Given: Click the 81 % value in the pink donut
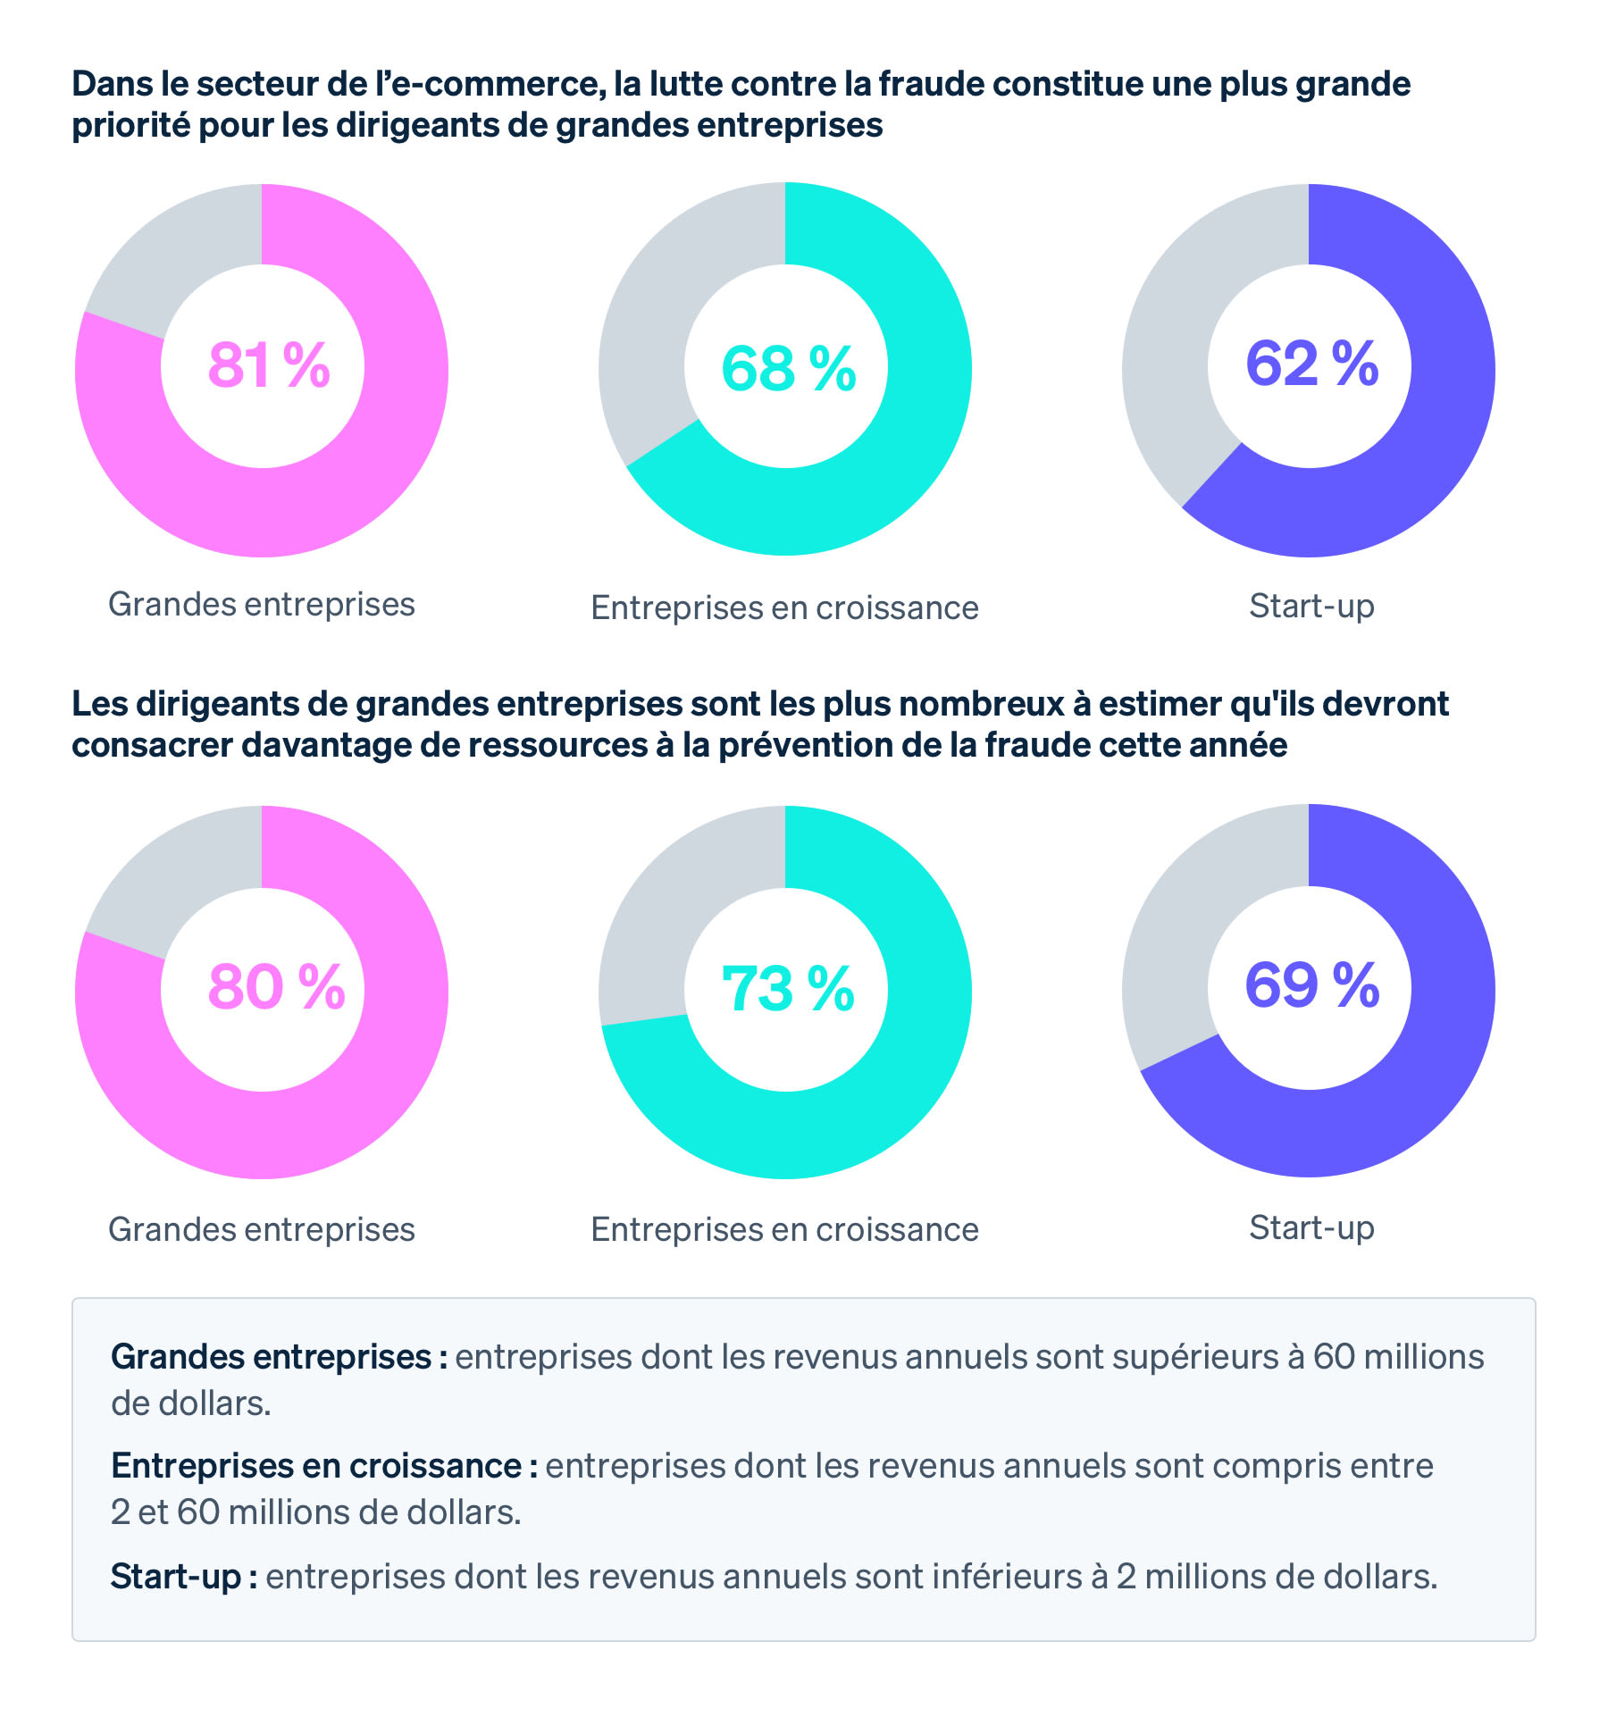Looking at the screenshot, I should pyautogui.click(x=269, y=365).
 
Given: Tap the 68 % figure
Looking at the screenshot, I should pyautogui.click(x=788, y=369).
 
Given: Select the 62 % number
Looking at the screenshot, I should pyautogui.click(x=1311, y=364).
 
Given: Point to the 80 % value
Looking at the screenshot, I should pyautogui.click(x=276, y=987).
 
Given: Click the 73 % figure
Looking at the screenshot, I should pyautogui.click(x=788, y=990).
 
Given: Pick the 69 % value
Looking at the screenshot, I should pyautogui.click(x=1311, y=985).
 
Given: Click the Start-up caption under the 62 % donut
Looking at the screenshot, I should pyautogui.click(x=1311, y=606).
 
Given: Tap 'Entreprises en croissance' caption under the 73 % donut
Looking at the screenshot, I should pyautogui.click(x=784, y=1229).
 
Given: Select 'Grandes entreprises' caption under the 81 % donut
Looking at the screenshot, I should pyautogui.click(x=261, y=604).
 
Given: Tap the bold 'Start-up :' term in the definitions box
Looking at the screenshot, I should pyautogui.click(x=184, y=1577).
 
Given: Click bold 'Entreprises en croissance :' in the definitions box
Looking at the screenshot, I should pyautogui.click(x=323, y=1466).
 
